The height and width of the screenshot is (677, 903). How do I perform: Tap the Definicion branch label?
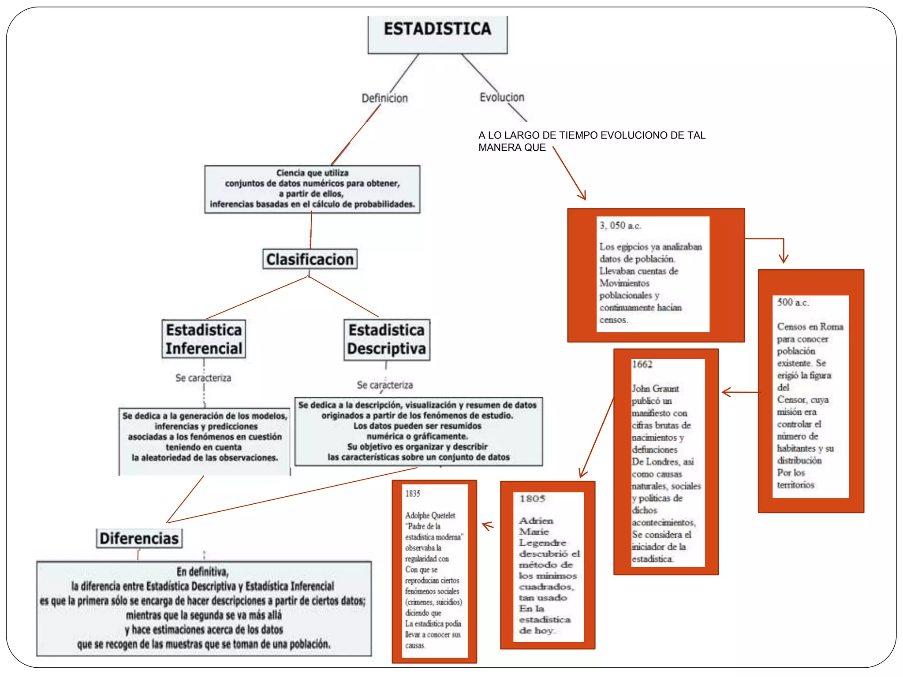384,98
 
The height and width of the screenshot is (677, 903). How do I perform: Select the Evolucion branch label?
502,97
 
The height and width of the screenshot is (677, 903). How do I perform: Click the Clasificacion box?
310,259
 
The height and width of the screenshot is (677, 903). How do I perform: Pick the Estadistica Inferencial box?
204,339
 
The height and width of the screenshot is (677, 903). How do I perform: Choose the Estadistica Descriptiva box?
387,339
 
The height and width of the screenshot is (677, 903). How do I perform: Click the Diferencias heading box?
139,538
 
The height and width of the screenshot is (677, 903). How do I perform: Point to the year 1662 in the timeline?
642,365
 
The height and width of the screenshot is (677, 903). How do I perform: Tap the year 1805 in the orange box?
532,498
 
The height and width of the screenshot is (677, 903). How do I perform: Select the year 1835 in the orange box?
413,494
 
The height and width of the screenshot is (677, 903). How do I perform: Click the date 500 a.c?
792,302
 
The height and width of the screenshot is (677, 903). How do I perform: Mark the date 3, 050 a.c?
620,226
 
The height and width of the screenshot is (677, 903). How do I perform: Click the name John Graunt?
655,389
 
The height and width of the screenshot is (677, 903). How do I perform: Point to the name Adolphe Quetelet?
430,515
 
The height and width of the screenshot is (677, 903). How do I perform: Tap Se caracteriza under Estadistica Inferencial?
203,378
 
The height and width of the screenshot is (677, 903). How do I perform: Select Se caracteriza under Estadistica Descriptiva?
384,385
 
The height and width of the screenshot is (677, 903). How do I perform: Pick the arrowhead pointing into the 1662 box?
726,392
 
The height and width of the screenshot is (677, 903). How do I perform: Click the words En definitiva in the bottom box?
202,572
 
